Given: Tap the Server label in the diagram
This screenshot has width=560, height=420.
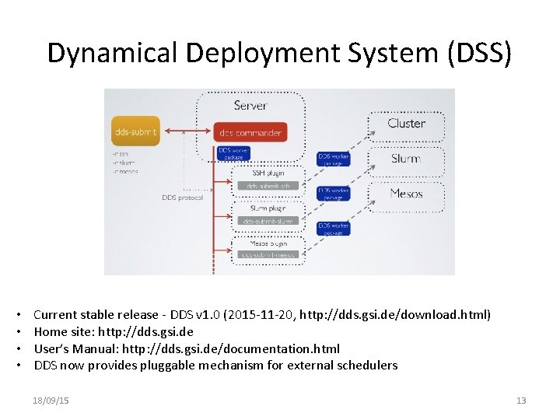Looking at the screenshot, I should [x=250, y=105].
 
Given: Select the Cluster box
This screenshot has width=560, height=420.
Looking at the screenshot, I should [x=406, y=124].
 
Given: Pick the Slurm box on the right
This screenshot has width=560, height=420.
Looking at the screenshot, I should [x=406, y=159].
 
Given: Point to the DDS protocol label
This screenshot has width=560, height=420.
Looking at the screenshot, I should [x=182, y=198].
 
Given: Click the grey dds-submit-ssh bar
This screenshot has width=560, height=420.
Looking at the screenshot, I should [x=267, y=186].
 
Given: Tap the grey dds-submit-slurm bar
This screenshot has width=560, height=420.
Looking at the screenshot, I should [x=267, y=221].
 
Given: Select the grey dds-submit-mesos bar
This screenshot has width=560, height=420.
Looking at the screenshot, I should [x=267, y=254].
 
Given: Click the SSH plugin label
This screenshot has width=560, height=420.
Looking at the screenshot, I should [x=267, y=173].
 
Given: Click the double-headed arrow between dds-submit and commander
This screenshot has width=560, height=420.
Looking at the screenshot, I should [x=187, y=131].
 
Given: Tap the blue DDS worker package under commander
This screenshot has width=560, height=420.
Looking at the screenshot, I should [x=234, y=153].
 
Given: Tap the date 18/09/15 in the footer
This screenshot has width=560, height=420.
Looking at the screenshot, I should [x=51, y=401].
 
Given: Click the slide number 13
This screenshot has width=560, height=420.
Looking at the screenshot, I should [x=521, y=401].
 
